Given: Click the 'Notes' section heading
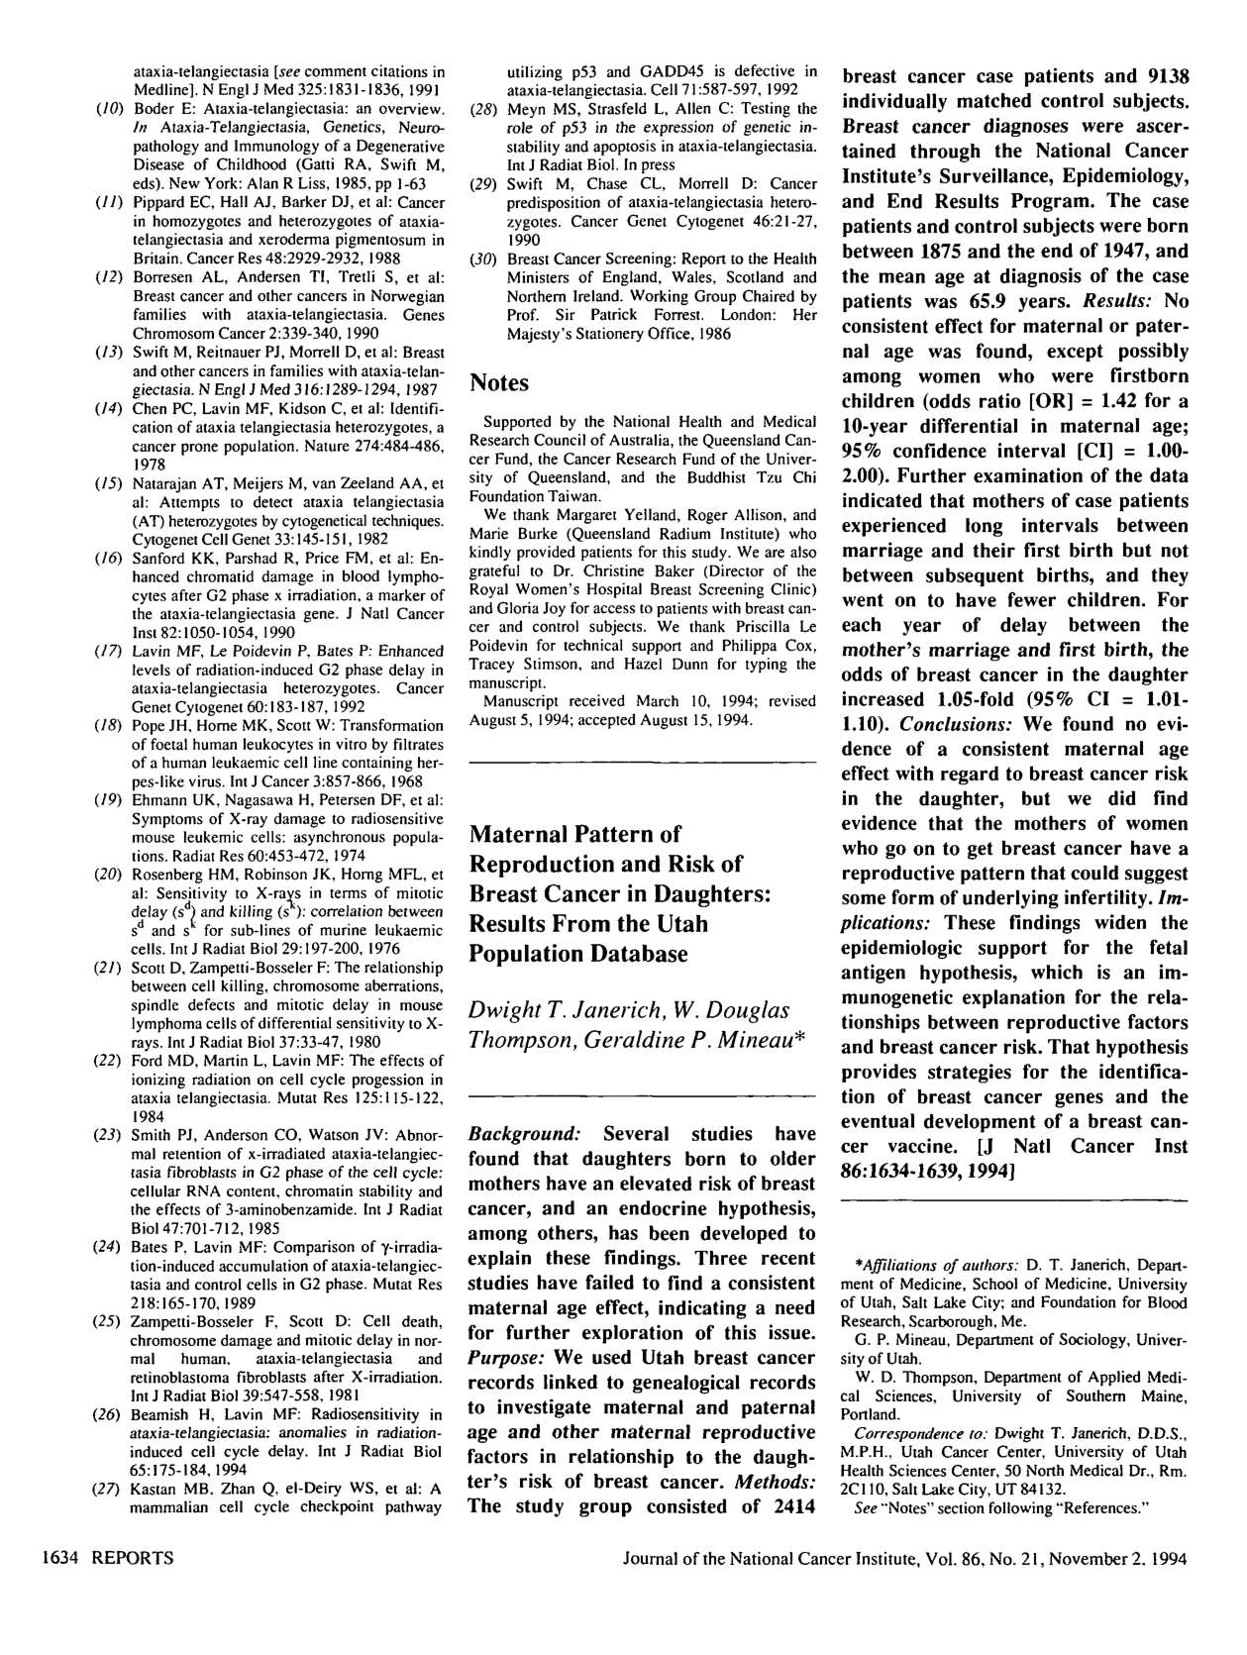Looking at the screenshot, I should click(x=499, y=383).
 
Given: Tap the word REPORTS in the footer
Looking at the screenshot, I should click(x=133, y=1558).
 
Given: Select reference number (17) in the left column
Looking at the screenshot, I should click(x=108, y=652).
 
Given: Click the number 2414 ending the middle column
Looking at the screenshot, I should click(x=786, y=1507).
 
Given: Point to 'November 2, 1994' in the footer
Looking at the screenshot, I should click(x=1123, y=1558).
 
